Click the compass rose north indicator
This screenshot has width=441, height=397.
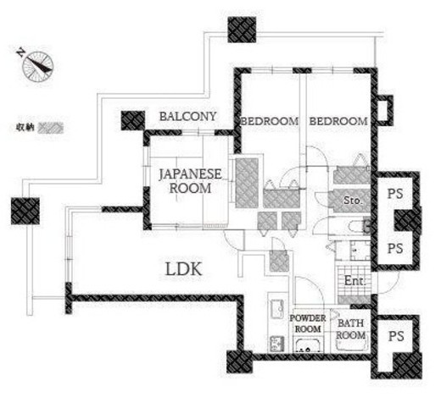point(38,67)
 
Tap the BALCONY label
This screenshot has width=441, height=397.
point(187,117)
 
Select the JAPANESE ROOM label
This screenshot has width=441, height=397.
point(190,181)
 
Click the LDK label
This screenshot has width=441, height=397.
point(183,269)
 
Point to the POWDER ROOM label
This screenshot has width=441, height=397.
point(308,323)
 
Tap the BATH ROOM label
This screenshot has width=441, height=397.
point(350,329)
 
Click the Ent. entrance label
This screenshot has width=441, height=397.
point(354,281)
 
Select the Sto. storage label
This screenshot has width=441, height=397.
point(353,201)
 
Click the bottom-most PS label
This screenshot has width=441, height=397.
point(396,336)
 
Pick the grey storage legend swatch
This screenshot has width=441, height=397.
point(51,128)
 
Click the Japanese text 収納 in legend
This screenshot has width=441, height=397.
point(25,128)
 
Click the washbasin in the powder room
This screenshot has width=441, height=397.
point(308,345)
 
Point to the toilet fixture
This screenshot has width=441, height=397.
point(359,227)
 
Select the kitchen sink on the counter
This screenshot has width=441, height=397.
point(276,308)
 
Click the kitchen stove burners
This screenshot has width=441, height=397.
point(276,344)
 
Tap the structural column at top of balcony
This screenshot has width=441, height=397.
point(242,30)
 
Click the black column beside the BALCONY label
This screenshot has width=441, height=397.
point(133,120)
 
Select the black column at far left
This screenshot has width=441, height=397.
point(25,211)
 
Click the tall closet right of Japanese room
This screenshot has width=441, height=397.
point(247,183)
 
